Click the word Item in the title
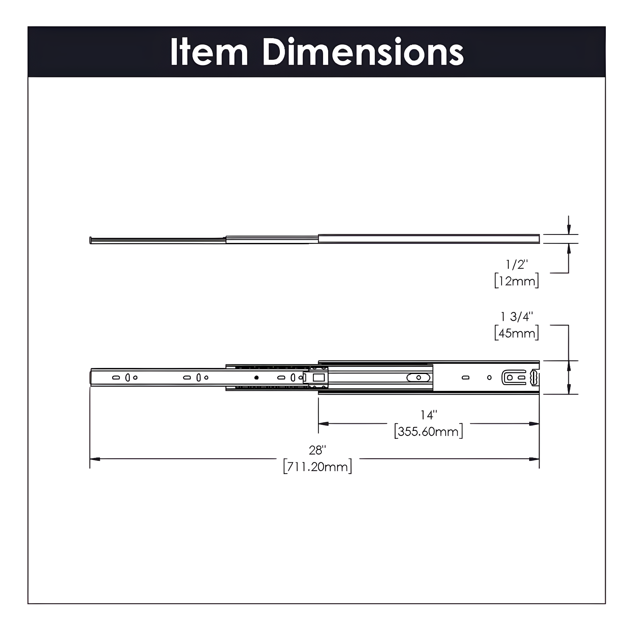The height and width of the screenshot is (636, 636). click(x=209, y=53)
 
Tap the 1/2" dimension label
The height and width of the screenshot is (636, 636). click(x=516, y=265)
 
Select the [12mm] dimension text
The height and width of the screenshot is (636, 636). click(x=516, y=281)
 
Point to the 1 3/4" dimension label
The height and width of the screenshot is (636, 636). click(x=516, y=317)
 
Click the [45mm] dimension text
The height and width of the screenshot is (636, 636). click(x=516, y=333)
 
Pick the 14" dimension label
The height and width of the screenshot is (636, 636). click(x=428, y=415)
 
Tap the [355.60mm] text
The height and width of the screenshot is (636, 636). click(x=428, y=431)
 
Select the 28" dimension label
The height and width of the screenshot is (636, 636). click(x=317, y=450)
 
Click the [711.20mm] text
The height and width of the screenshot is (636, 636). click(x=317, y=467)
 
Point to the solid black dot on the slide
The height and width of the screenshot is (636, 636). click(x=256, y=377)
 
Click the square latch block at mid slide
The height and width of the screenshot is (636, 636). click(x=318, y=377)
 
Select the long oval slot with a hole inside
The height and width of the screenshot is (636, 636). click(x=418, y=377)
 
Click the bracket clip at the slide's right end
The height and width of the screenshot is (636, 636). click(x=514, y=377)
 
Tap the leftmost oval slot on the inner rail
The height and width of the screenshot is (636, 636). click(x=116, y=377)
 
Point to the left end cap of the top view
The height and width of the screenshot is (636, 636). click(x=91, y=240)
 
